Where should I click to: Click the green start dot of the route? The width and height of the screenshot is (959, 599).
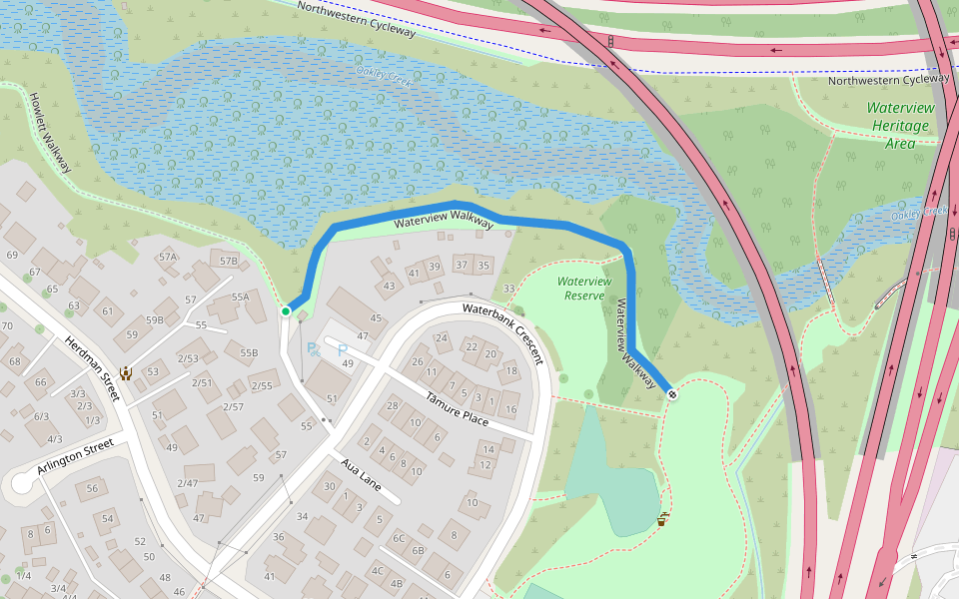pyautogui.click(x=286, y=311)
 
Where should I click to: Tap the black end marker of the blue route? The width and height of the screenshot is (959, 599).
pyautogui.click(x=672, y=393)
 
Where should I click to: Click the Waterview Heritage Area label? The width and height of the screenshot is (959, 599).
pyautogui.click(x=900, y=125)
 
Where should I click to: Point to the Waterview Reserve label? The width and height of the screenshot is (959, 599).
pyautogui.click(x=584, y=289)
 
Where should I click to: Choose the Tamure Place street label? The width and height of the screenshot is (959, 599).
pyautogui.click(x=457, y=408)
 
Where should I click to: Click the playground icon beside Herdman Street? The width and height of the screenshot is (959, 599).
pyautogui.click(x=127, y=374)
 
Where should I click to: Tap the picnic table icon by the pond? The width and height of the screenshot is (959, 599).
pyautogui.click(x=661, y=519)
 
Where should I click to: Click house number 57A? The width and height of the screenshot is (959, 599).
pyautogui.click(x=167, y=258)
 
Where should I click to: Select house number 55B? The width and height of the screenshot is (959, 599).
pyautogui.click(x=248, y=352)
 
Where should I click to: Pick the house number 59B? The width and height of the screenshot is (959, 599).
pyautogui.click(x=154, y=320)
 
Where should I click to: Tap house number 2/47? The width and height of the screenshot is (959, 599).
pyautogui.click(x=187, y=483)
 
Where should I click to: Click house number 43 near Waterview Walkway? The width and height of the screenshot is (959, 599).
pyautogui.click(x=389, y=287)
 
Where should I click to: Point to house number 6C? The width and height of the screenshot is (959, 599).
pyautogui.click(x=399, y=538)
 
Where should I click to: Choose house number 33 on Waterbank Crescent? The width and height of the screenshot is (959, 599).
pyautogui.click(x=509, y=290)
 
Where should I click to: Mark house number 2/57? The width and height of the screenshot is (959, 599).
pyautogui.click(x=233, y=406)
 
